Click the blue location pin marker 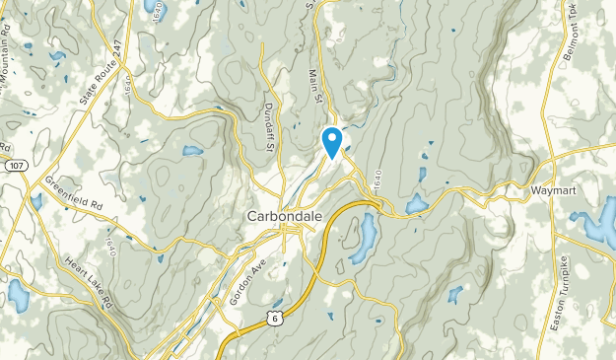click(333, 140)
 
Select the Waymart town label click(552, 187)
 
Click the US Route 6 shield click(273, 316)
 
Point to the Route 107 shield click(15, 165)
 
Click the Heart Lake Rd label click(90, 280)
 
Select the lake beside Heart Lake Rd click(18, 294)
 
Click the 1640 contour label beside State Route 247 click(131, 95)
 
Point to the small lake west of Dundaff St click(192, 151)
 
